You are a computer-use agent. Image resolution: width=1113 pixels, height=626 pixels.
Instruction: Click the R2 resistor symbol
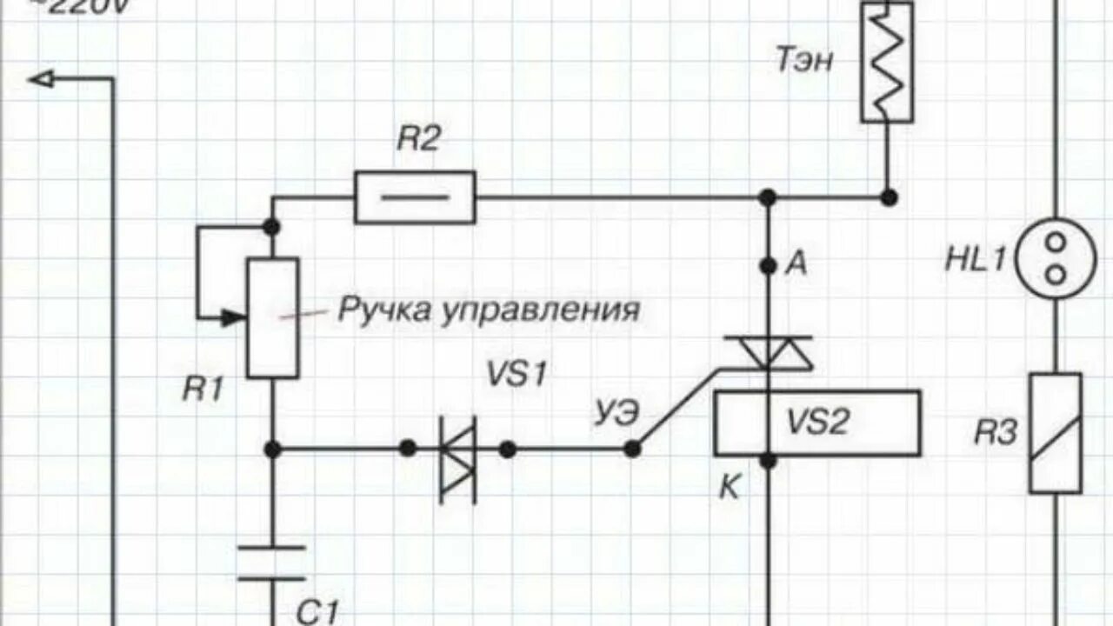pos(416,197)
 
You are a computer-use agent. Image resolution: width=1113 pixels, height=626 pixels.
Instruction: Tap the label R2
pos(419,140)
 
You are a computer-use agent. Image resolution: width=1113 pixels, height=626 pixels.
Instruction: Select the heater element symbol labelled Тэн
pos(887,62)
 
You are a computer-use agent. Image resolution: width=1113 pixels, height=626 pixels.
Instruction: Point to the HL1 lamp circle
pos(1055,258)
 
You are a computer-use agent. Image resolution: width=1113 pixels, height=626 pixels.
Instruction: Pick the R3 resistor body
pos(1055,433)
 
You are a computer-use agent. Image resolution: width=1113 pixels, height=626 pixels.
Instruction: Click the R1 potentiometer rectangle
pos(272,317)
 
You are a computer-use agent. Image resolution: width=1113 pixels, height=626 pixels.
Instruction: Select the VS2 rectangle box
pos(817,423)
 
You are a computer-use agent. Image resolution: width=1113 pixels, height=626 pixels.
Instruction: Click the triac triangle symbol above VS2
pos(769,352)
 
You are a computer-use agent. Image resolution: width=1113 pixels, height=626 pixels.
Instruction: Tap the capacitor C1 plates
pos(272,563)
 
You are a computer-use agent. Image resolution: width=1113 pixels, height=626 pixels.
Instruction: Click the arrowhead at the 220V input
pos(42,80)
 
